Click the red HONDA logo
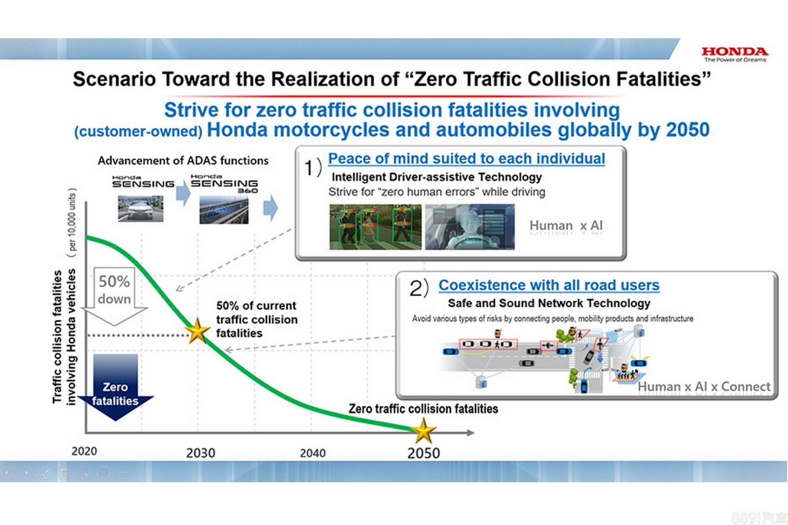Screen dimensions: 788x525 735,52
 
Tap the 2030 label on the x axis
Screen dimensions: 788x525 201,453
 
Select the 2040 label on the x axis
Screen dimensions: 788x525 313,453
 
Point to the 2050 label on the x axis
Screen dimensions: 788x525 424,453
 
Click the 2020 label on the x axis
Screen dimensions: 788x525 84,451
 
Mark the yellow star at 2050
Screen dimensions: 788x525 424,430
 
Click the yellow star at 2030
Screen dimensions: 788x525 197,330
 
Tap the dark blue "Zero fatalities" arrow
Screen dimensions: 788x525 115,387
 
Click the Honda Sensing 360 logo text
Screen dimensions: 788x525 224,183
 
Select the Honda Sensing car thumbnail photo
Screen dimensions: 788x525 140,208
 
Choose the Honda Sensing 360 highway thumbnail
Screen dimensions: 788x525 224,210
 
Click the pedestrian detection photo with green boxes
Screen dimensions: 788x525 375,227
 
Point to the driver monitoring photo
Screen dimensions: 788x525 470,227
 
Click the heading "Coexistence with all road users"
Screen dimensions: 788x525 549,285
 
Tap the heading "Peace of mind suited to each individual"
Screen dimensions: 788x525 466,159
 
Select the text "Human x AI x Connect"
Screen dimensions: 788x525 704,387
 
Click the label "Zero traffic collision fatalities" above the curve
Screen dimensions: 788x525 423,409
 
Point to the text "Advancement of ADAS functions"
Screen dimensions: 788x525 183,160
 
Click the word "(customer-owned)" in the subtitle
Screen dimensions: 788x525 138,132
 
